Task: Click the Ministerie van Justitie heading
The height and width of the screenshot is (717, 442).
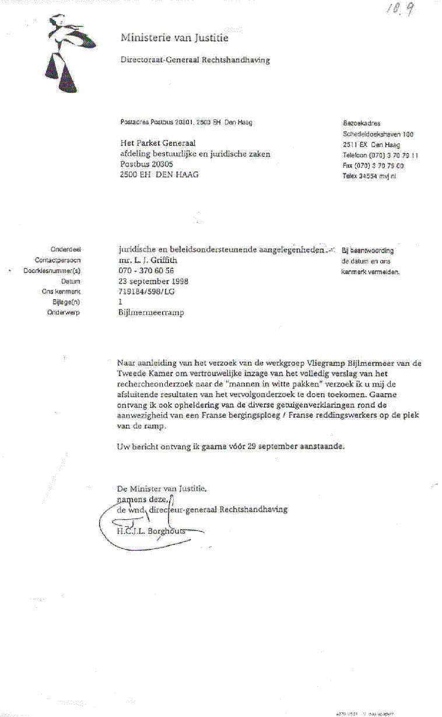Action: point(174,39)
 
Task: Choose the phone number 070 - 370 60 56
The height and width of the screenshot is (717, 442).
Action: point(146,271)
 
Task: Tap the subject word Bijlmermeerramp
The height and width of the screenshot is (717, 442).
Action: point(151,313)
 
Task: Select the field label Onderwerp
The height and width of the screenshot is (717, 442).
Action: point(66,313)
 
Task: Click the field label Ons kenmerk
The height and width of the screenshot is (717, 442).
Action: point(61,292)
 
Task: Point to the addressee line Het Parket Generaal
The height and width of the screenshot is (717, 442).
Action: point(157,143)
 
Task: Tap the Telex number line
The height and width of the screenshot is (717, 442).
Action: point(370,176)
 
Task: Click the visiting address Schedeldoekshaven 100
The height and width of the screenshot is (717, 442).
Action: point(378,134)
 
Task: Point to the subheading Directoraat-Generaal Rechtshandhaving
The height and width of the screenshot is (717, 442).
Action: point(195,60)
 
